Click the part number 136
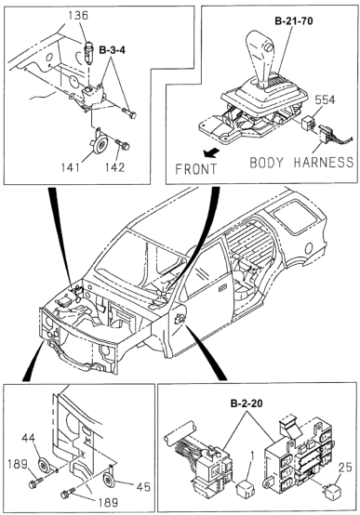[x=78, y=16]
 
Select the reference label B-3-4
[x=113, y=50]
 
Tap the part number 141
[x=70, y=167]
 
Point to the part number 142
[x=115, y=167]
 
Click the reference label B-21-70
[x=294, y=21]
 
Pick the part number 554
[x=325, y=99]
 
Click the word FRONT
[x=196, y=169]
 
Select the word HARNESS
[x=324, y=163]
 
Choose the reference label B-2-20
[x=247, y=403]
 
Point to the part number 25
[x=344, y=468]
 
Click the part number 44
[x=29, y=438]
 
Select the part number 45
[x=142, y=486]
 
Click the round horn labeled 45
[x=108, y=481]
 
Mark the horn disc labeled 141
[x=99, y=143]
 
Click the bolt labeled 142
[x=122, y=144]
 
